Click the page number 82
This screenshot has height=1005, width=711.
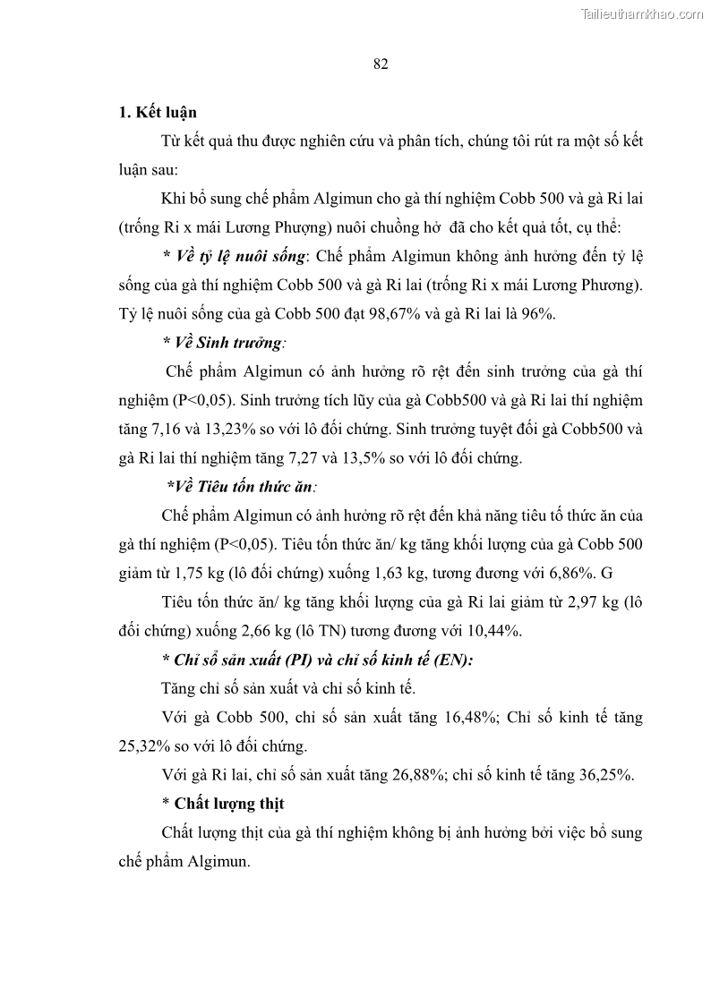(x=380, y=64)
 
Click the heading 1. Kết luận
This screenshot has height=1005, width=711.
(x=158, y=112)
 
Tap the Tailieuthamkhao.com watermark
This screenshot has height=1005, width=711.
(x=642, y=13)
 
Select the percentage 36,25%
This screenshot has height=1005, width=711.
(x=604, y=775)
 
